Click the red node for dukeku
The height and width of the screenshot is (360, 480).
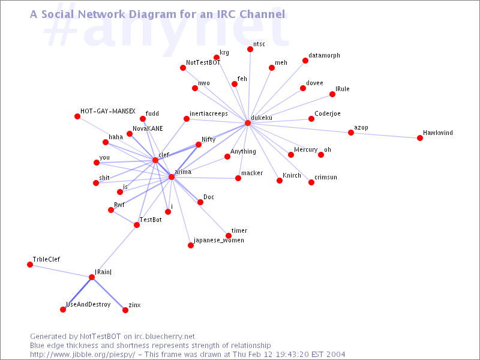[248, 123]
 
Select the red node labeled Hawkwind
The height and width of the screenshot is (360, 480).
[419, 138]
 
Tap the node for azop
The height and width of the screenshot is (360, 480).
[351, 133]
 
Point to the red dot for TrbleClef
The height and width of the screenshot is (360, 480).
[29, 265]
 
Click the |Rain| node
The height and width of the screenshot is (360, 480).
[92, 277]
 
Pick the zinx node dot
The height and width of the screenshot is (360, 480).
[125, 310]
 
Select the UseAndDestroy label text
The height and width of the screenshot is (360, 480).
[88, 304]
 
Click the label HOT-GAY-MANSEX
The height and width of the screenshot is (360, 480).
[108, 111]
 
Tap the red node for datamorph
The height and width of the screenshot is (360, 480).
[305, 61]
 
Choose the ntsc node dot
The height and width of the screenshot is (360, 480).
[250, 49]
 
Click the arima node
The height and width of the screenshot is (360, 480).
[172, 177]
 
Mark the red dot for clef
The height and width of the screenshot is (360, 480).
[155, 160]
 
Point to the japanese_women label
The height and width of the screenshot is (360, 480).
[219, 241]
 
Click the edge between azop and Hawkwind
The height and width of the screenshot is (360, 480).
[385, 136]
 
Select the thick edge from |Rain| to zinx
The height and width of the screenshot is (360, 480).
[109, 294]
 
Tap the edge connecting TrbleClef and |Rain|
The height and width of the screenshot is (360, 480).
[61, 271]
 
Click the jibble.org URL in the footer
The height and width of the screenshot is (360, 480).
[82, 355]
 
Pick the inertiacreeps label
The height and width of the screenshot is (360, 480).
[209, 113]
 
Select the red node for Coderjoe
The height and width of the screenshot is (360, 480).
[311, 119]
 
